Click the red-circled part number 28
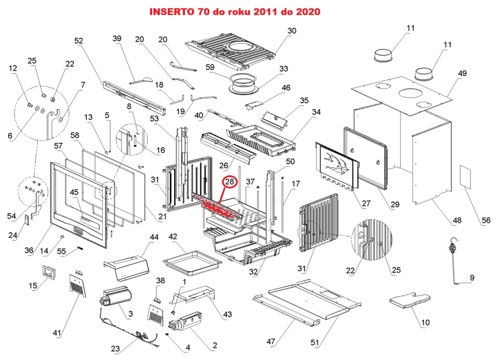(x=229, y=182)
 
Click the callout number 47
(x=270, y=342)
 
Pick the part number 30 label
(x=292, y=31)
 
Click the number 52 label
(x=79, y=41)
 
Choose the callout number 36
(x=29, y=251)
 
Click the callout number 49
(x=462, y=73)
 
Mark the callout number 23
(x=116, y=349)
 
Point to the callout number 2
(x=214, y=345)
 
